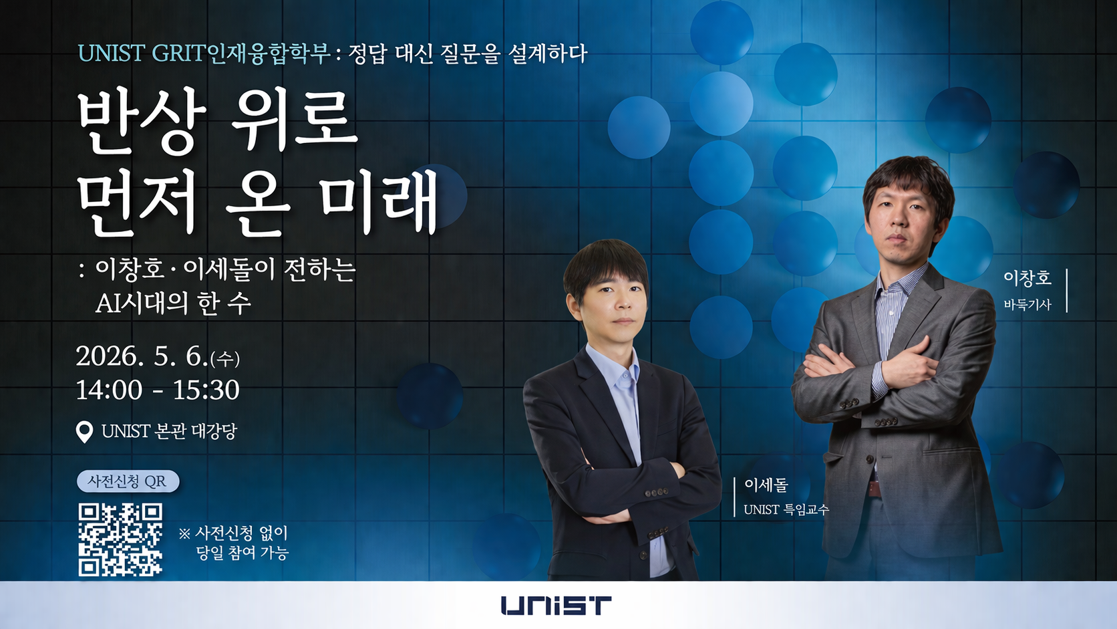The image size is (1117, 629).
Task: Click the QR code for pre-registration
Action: coord(120,539)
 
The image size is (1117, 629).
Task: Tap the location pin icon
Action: coord(84,432)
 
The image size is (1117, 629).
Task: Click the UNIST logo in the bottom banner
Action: coord(556,606)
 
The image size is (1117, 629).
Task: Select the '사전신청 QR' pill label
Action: coord(128,481)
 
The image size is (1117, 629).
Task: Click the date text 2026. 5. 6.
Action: coord(142,356)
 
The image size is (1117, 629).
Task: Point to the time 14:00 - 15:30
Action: coord(158,390)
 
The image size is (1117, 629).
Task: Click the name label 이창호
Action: coord(1027,278)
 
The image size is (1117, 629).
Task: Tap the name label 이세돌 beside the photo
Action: coord(766,485)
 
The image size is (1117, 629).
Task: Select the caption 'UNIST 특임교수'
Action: coord(786,509)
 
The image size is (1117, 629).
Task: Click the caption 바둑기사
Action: coord(1027,305)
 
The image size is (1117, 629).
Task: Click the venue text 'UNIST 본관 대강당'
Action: coord(169,432)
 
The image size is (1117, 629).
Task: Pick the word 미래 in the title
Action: coord(377,201)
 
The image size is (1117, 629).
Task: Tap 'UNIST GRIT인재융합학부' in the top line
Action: coord(204,53)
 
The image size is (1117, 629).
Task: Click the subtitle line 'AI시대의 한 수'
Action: coord(174,303)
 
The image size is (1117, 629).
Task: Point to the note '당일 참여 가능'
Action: coord(242,553)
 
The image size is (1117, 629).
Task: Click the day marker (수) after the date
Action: coord(225,359)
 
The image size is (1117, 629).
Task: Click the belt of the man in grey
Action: coord(874,487)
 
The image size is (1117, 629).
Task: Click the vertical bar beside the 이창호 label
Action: coord(1067,290)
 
